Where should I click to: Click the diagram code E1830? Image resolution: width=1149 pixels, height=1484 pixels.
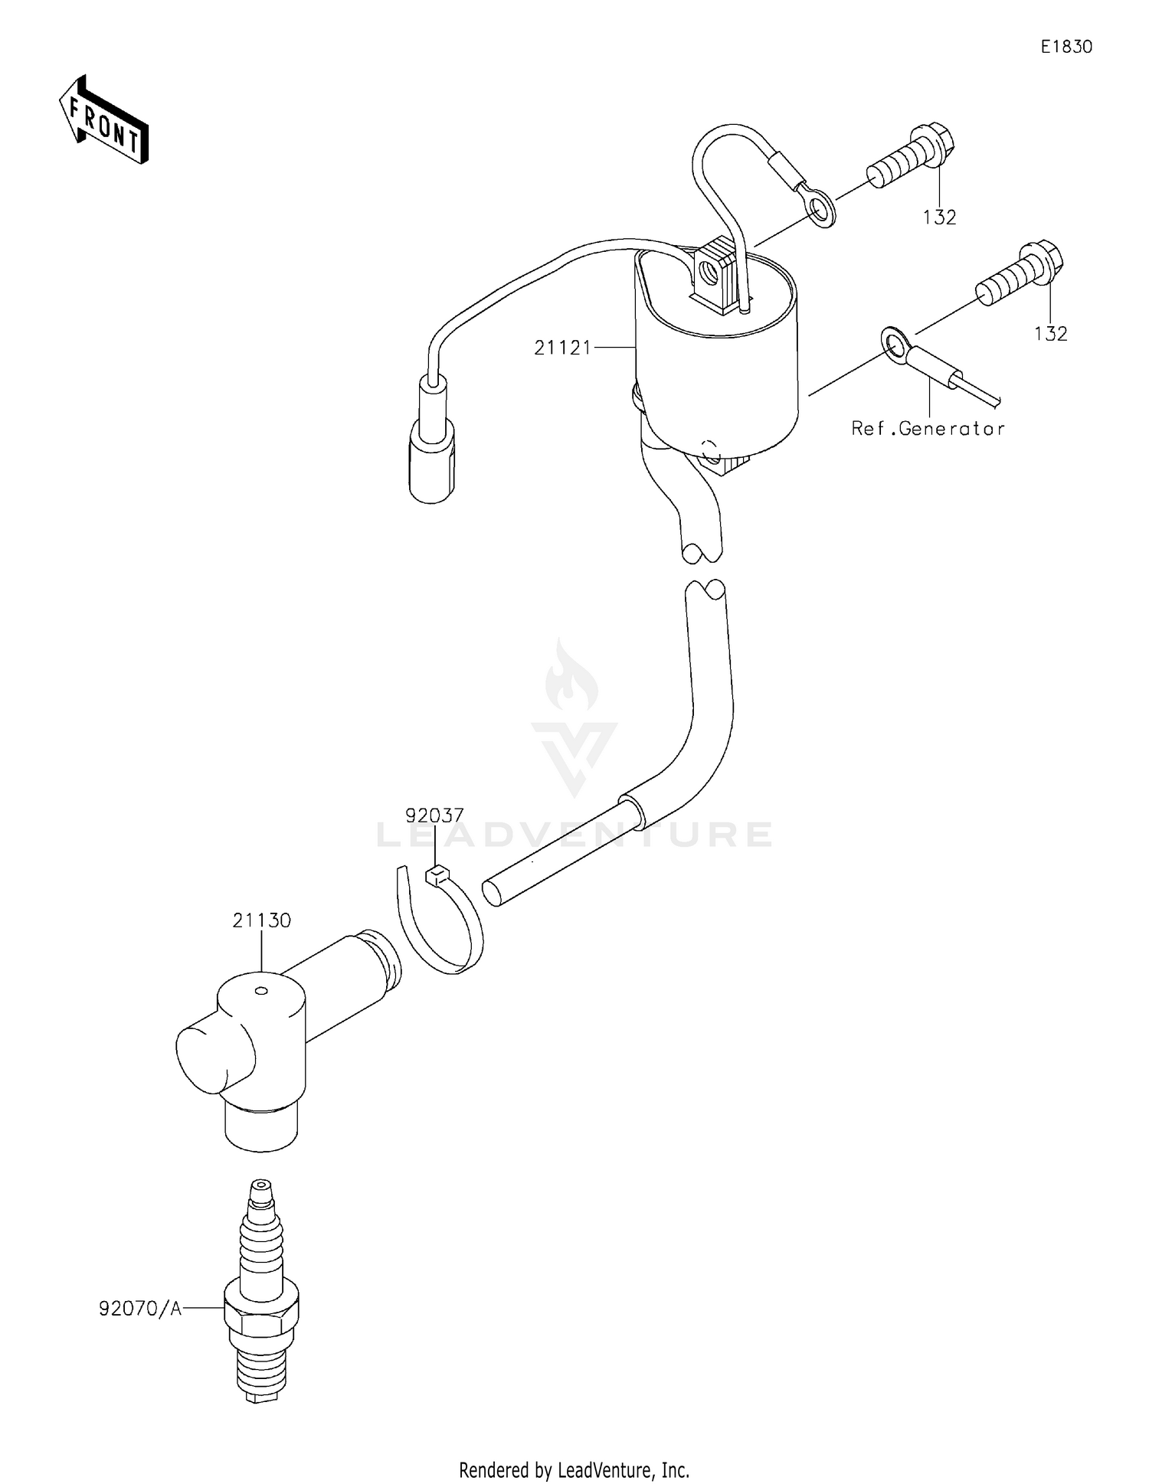[x=1066, y=47]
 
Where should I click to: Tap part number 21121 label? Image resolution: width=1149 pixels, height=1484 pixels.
[x=563, y=348]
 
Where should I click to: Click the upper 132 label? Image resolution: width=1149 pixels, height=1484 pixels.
[x=939, y=218]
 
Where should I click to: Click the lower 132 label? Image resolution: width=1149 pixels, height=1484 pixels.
[x=1050, y=335]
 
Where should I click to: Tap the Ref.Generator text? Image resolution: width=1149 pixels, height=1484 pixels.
[x=928, y=430]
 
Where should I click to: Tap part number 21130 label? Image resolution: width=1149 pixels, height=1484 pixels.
[x=262, y=921]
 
